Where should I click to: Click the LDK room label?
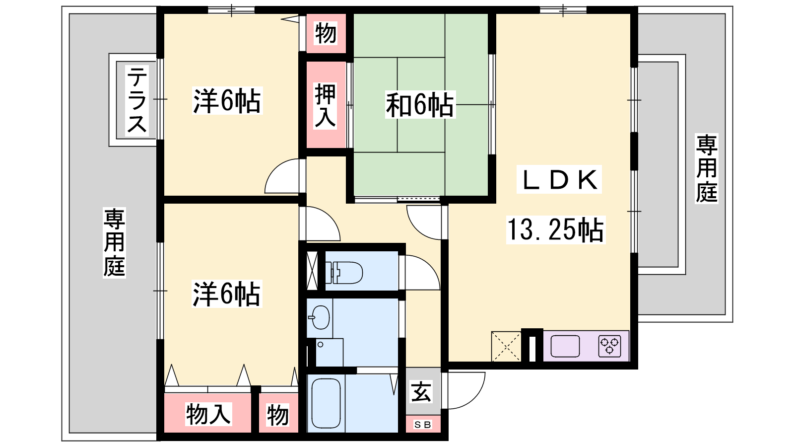559,179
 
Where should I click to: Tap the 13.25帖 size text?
555,230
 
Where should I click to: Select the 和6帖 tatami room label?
420,105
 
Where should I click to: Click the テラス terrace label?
137,100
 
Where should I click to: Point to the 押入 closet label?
325,105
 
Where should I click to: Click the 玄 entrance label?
421,392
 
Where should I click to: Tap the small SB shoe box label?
423,424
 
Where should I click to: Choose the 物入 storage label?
208,414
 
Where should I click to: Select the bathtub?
326,403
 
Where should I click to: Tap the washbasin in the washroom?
320,317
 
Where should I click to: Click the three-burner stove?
610,346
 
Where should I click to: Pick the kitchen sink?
565,346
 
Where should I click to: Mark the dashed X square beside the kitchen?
506,347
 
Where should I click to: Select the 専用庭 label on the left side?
114,243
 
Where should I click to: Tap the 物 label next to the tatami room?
326,33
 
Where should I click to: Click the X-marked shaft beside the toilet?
312,271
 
